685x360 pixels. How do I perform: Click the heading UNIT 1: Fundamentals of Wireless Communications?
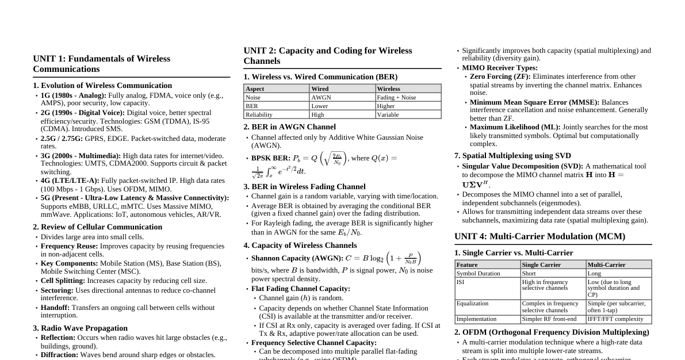click(101, 64)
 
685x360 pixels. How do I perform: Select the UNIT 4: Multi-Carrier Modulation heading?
click(539, 236)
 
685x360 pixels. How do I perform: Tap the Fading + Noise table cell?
click(396, 97)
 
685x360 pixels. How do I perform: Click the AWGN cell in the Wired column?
click(321, 97)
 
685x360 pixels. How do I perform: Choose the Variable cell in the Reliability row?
click(388, 114)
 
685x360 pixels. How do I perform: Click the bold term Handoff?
click(55, 308)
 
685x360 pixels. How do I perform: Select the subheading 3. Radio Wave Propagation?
click(80, 328)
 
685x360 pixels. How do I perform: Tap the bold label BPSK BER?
click(270, 158)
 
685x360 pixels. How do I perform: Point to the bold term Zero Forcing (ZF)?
click(500, 76)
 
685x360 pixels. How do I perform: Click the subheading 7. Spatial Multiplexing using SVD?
click(512, 155)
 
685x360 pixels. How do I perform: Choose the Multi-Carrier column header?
click(606, 265)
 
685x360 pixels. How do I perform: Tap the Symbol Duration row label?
click(478, 273)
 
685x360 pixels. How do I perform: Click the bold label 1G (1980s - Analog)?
click(74, 95)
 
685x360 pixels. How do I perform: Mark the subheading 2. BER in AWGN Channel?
click(289, 127)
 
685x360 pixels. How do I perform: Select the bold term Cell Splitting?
click(63, 281)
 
